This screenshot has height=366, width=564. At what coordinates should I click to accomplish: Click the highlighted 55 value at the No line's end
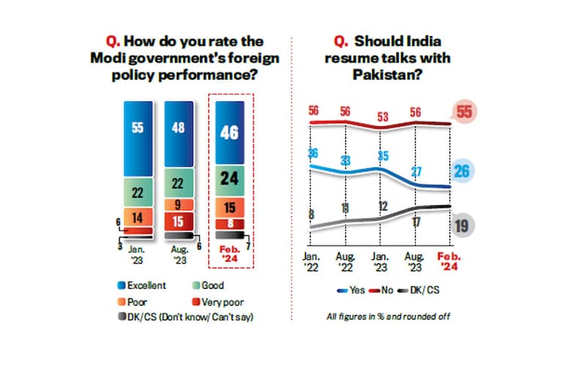point(463,113)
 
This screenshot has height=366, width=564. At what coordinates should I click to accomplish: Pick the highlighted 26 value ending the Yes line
point(463,171)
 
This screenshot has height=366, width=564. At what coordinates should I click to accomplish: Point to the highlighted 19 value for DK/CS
point(463,225)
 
